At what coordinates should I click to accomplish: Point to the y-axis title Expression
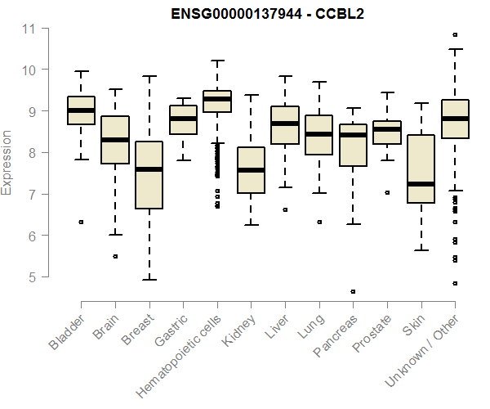tap(7, 162)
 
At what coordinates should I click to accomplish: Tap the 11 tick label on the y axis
tap(29, 29)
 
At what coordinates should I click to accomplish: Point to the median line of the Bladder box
tap(81, 110)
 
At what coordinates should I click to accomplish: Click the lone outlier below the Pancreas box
tap(353, 291)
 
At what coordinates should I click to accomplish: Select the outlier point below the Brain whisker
tap(115, 256)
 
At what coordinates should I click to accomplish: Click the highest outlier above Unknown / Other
tap(455, 34)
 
